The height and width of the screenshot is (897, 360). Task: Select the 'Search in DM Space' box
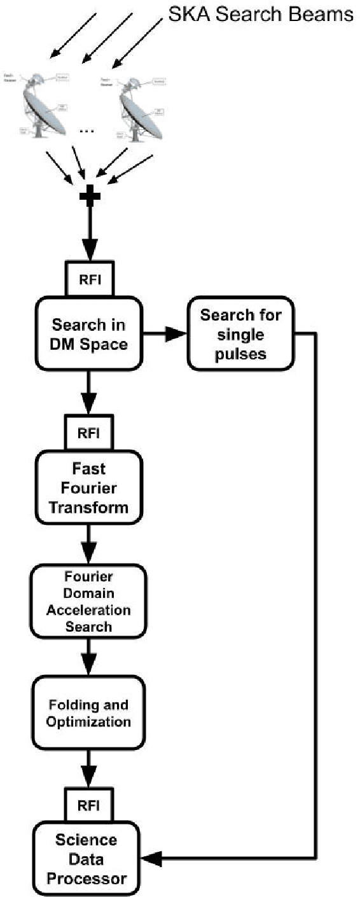click(x=90, y=336)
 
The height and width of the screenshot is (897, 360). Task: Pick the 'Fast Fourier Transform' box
click(x=90, y=489)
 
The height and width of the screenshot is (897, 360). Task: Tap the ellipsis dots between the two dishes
click(x=87, y=130)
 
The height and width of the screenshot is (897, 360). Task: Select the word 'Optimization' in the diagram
click(x=90, y=721)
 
